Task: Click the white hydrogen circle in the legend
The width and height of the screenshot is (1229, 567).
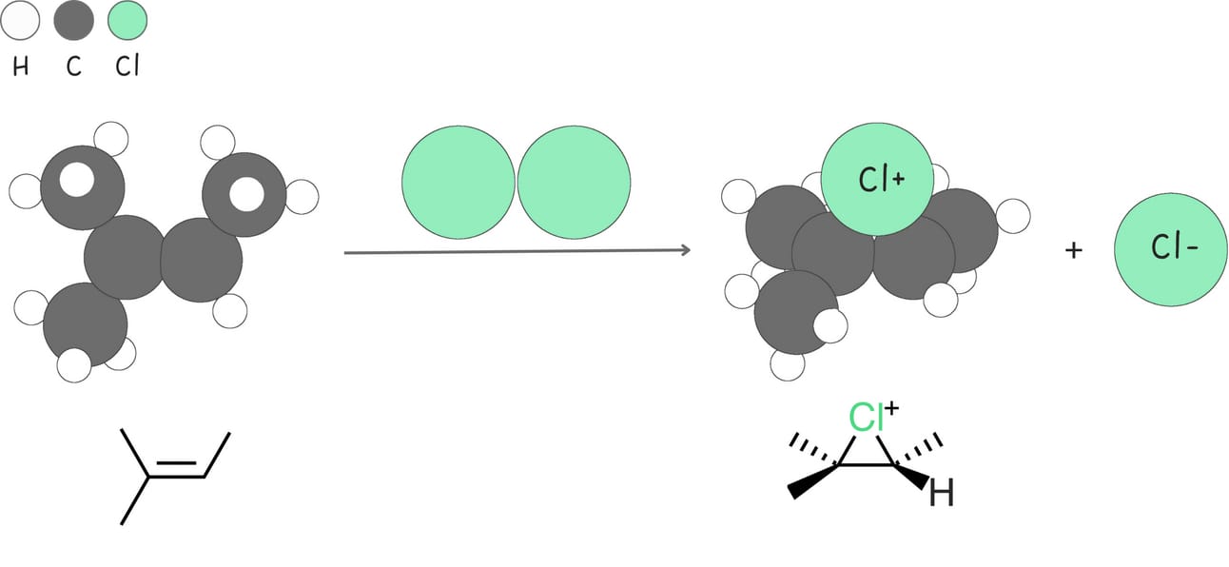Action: (21, 21)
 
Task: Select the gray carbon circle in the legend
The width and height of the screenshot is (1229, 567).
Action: (74, 21)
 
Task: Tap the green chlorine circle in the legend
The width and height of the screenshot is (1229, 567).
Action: (127, 21)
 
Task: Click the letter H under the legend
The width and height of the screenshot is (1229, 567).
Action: (21, 69)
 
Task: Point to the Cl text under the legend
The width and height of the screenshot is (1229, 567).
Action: (127, 69)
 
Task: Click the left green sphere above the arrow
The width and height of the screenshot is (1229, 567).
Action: (458, 182)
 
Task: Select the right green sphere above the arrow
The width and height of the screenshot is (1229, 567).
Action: (574, 182)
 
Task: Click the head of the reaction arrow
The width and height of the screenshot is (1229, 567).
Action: (684, 250)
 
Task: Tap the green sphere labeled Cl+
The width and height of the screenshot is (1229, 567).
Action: (879, 182)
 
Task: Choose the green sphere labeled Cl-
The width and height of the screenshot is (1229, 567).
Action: (1172, 249)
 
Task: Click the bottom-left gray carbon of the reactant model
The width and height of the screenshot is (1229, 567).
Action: (86, 323)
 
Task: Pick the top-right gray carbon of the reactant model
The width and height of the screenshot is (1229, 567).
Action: (244, 194)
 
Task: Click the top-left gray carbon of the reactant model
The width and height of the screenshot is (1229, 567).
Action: (83, 186)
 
